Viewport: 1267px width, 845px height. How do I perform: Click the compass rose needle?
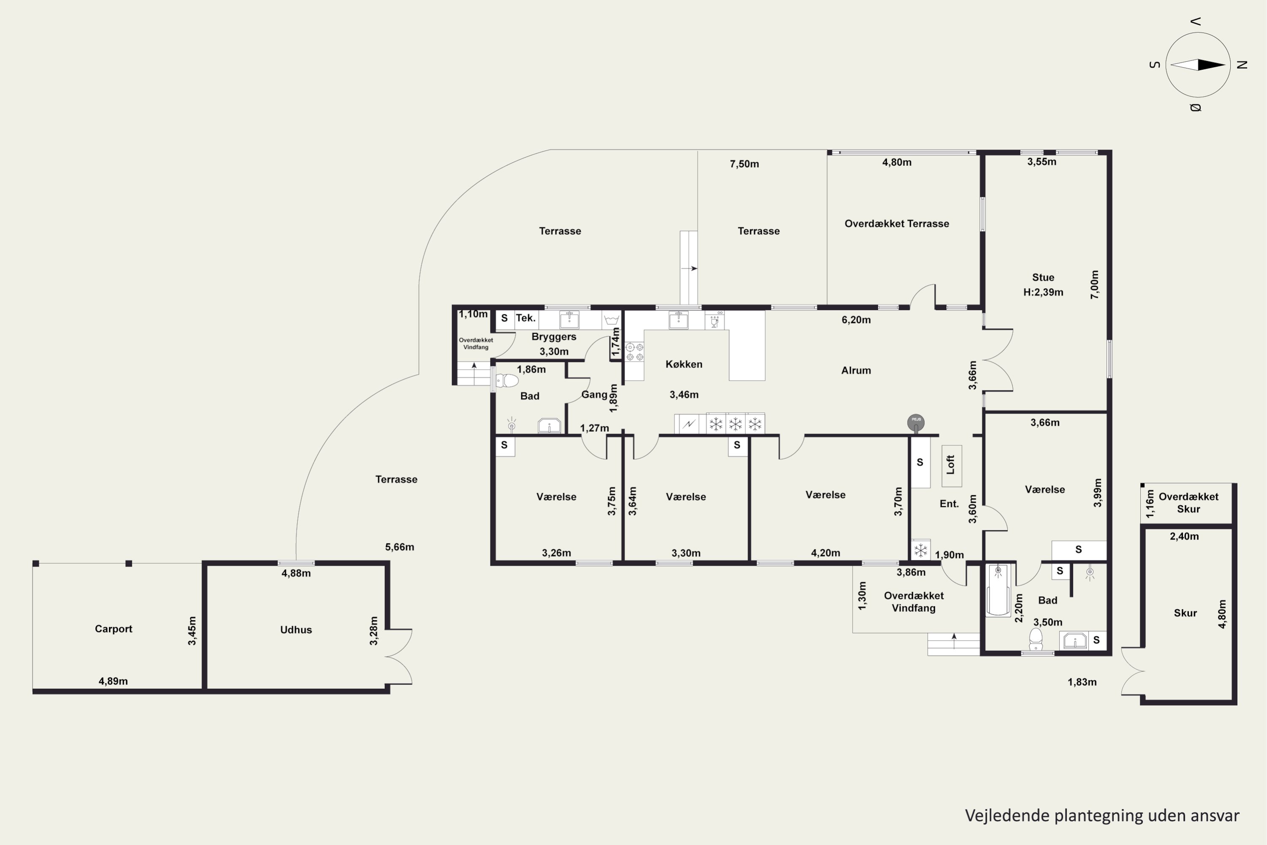(x=1198, y=65)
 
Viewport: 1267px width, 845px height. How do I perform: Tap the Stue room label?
(x=1043, y=278)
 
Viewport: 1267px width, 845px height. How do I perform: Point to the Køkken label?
(x=684, y=364)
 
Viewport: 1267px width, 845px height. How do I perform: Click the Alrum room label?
(x=856, y=370)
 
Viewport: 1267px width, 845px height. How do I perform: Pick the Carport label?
(x=113, y=629)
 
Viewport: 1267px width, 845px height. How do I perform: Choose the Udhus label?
(x=296, y=630)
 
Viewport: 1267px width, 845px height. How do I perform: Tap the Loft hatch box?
(x=952, y=466)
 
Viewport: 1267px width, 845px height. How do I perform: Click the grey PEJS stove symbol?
(x=916, y=423)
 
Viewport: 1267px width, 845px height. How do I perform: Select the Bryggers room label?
(x=554, y=337)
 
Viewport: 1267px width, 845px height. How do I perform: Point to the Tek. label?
(x=525, y=318)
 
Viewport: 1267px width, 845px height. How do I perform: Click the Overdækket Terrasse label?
(x=896, y=224)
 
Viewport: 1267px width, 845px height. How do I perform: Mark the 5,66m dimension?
(x=400, y=547)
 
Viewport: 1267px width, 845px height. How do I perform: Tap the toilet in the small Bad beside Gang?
(x=506, y=381)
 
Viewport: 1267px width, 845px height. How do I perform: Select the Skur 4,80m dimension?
(x=1222, y=614)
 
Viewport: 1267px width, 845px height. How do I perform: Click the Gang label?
(x=594, y=395)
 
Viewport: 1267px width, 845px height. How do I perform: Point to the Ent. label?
(x=949, y=504)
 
